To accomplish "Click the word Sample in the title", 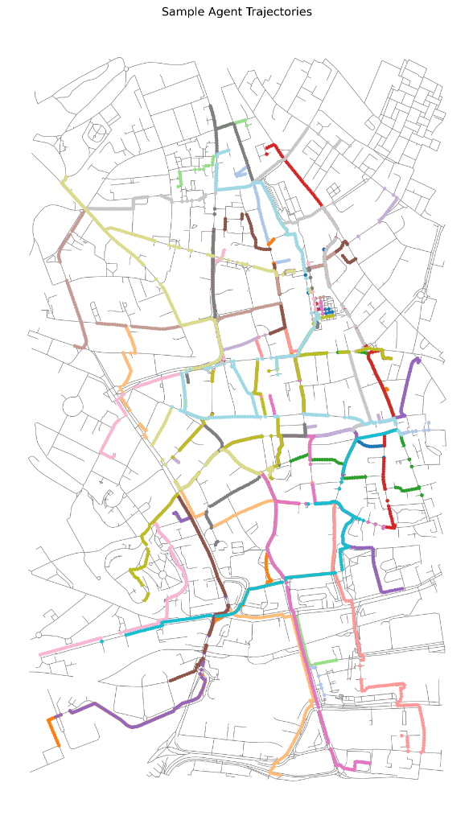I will click(183, 12).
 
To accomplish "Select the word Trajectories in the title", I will click(278, 12).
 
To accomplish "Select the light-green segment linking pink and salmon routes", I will click(324, 661).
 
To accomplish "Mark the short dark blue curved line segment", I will click(368, 443).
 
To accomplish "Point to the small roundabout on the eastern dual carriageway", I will click(421, 296).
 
